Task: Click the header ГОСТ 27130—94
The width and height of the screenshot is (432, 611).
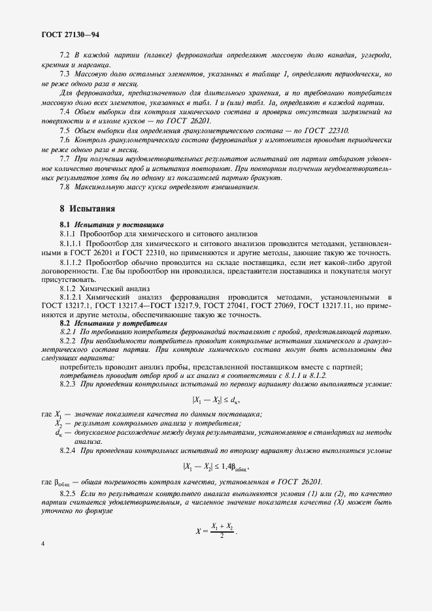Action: [71, 35]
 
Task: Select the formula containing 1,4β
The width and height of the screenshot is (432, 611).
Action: [216, 466]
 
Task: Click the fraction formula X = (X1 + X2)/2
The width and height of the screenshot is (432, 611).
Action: [216, 531]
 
